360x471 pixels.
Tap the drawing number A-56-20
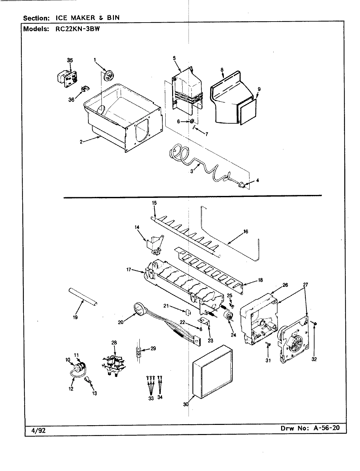[326, 428]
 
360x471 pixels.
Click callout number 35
[70, 60]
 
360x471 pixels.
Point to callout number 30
[186, 405]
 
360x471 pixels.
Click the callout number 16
[245, 232]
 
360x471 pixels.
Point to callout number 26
[285, 285]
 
